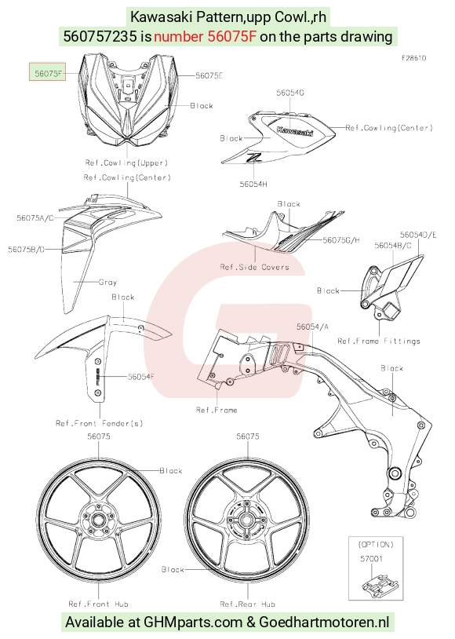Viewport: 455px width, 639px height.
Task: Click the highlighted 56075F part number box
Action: tap(47, 71)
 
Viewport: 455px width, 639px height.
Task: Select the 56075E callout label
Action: tap(209, 75)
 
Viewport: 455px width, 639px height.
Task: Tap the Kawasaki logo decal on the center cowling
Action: tap(295, 131)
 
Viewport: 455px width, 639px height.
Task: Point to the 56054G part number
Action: tap(290, 93)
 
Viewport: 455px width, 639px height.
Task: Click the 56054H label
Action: tap(253, 184)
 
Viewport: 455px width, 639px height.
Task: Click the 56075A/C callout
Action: tap(35, 218)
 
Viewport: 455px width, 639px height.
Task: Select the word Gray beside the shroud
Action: tap(107, 282)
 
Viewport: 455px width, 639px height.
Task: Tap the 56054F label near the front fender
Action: tap(141, 377)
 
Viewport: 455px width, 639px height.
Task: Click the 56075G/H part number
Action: tap(341, 240)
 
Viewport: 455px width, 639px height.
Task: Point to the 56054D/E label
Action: tap(418, 235)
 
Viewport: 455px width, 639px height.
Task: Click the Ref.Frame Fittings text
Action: tap(379, 341)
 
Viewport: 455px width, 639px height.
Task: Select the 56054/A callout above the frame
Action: tap(312, 327)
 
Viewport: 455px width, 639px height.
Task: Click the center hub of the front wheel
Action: tap(98, 520)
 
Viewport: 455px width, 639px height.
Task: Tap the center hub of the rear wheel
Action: tap(246, 520)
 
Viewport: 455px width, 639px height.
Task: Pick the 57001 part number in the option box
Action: tap(372, 559)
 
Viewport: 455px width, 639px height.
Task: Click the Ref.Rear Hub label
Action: tap(248, 604)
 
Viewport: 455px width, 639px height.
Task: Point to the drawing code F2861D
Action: tap(414, 58)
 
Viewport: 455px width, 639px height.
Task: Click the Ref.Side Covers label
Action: tap(255, 268)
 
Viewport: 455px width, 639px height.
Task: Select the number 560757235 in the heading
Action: tap(100, 37)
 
